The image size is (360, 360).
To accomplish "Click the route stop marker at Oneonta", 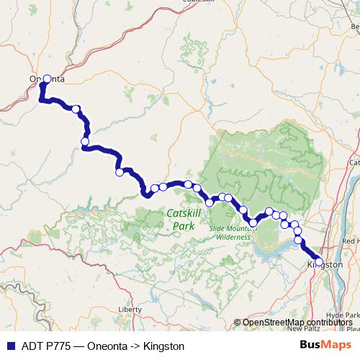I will [x=48, y=79].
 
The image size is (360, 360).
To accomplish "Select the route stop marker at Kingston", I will [x=319, y=261].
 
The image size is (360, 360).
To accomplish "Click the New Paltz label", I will [x=302, y=328].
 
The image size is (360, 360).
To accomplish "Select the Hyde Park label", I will [x=342, y=315].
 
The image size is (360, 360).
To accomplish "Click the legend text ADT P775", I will [x=41, y=346].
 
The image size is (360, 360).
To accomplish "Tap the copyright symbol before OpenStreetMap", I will [x=238, y=322].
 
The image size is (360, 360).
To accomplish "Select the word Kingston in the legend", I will [x=163, y=346].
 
